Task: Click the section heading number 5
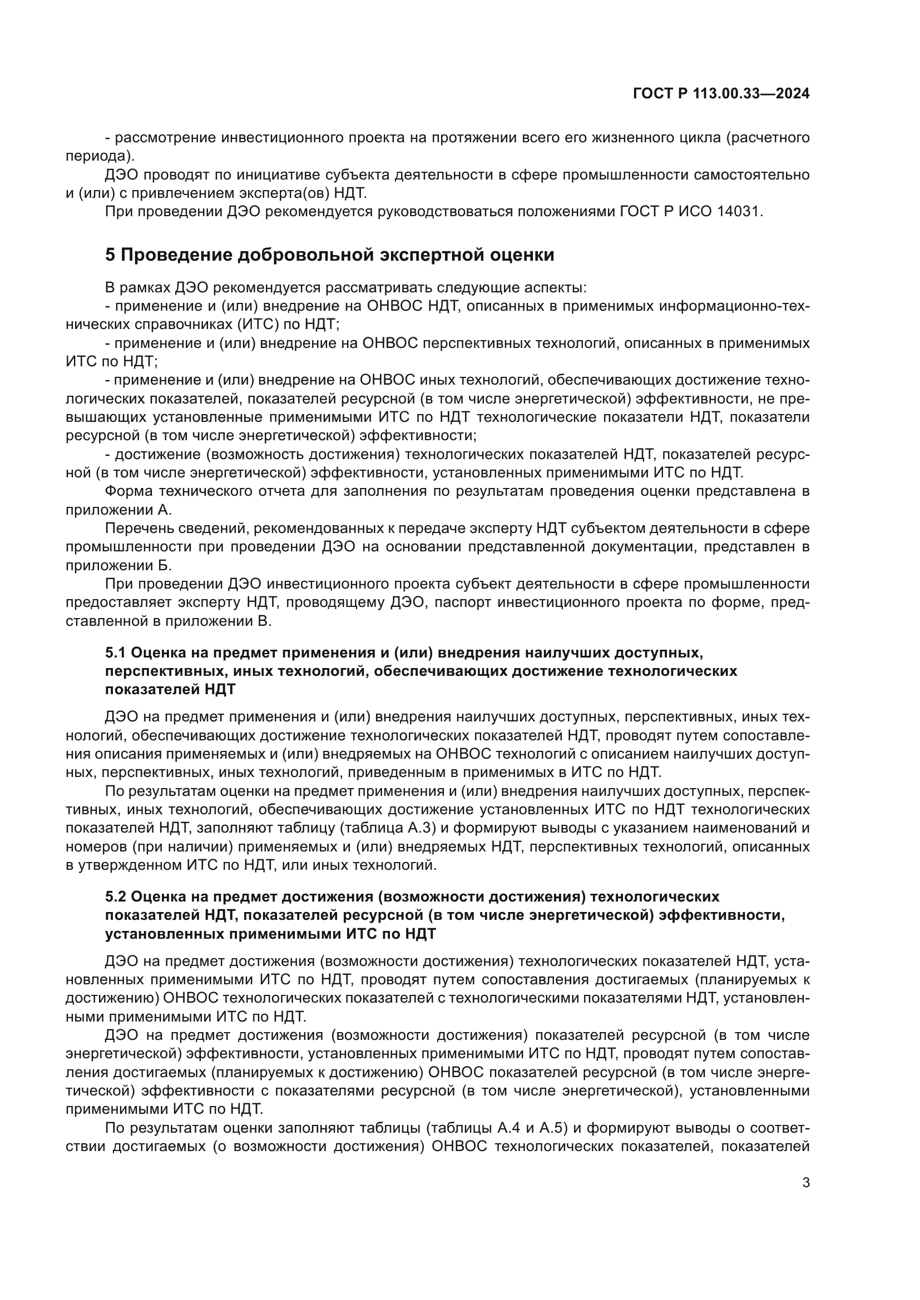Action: coord(110,255)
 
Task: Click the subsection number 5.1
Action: coord(116,653)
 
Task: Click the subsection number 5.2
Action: coord(116,897)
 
